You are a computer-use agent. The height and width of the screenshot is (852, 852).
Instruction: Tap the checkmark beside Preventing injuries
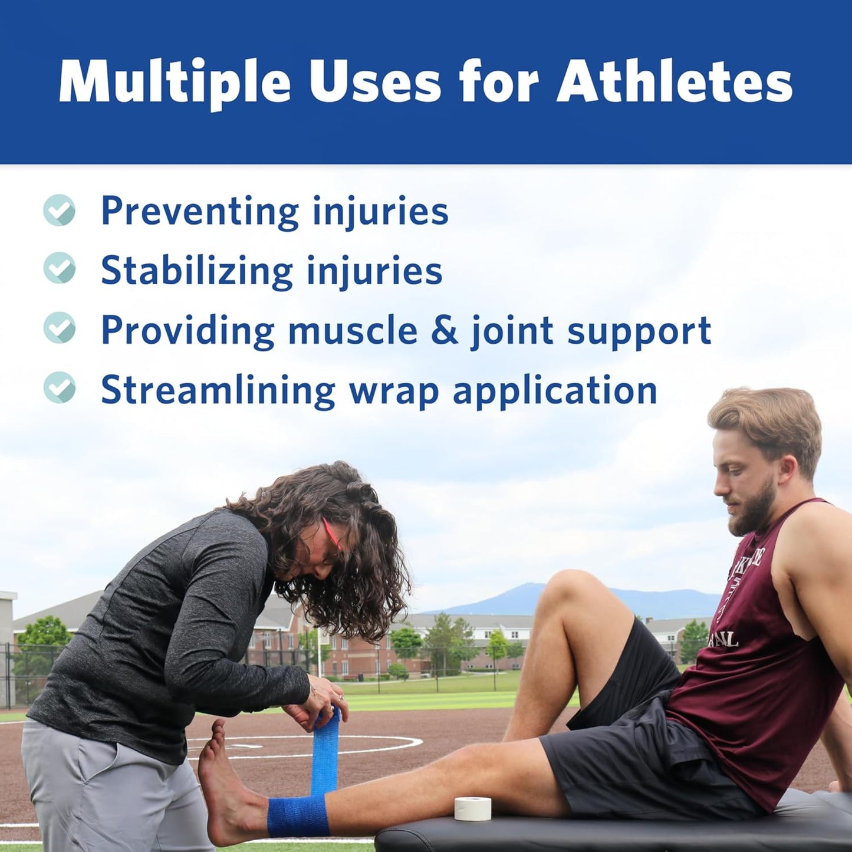point(60,210)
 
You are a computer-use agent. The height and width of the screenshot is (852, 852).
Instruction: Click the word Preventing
point(200,212)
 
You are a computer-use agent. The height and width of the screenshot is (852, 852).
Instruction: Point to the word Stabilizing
point(196,271)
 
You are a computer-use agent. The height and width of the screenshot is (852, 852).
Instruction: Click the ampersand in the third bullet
point(444,330)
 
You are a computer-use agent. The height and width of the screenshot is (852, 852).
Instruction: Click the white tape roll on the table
point(473,808)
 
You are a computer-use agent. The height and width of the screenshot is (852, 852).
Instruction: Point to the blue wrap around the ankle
point(298,816)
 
